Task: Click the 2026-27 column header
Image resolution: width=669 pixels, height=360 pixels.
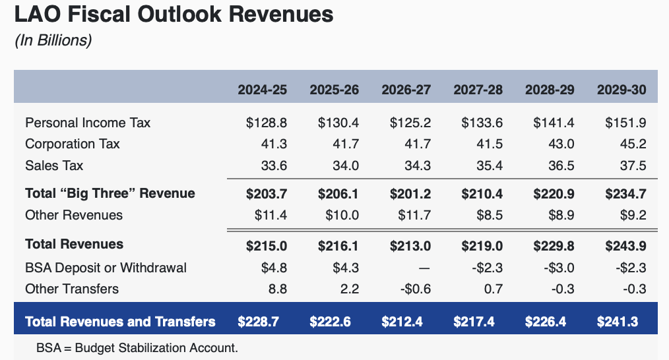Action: coord(406,90)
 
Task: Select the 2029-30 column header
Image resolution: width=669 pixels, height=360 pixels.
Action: coord(621,90)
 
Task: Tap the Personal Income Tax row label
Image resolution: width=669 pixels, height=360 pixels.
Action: coord(88,123)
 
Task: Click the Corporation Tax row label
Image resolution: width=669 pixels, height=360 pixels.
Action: coord(73,144)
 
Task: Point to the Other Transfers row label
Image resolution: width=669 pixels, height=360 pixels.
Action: coord(72,289)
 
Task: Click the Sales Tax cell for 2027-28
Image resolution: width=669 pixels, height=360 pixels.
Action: coord(490,165)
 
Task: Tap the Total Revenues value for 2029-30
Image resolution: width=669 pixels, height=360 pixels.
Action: coord(625,245)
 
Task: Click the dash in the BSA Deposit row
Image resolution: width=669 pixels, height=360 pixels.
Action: coord(424,268)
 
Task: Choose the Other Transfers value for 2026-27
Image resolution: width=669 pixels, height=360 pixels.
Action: coord(414,289)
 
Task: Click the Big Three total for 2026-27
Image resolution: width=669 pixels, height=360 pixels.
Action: coord(410,194)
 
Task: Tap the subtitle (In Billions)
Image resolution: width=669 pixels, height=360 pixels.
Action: coord(53,40)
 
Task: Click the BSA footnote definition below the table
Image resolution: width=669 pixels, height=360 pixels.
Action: coord(137,347)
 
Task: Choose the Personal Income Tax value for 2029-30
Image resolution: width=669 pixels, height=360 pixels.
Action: coord(625,123)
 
